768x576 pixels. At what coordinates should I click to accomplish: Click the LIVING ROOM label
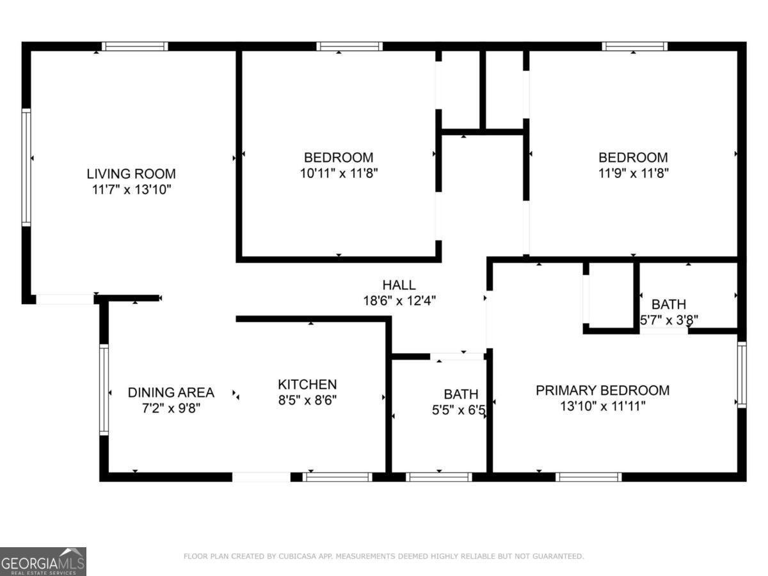pos(131,173)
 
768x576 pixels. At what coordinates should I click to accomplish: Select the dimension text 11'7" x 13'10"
pos(131,189)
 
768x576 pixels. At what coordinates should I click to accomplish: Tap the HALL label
pos(399,285)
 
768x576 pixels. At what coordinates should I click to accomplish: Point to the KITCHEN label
pos(307,385)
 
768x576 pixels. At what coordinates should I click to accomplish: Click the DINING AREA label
pos(171,392)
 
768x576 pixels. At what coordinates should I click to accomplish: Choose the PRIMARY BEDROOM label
pos(602,390)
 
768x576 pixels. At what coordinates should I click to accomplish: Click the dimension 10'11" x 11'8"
pos(338,173)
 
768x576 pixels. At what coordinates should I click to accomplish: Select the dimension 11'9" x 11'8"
pos(633,173)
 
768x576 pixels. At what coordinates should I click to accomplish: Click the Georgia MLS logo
pos(43,561)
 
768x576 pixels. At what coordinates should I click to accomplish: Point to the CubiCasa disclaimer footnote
pos(383,556)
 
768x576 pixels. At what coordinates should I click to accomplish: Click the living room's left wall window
pos(26,167)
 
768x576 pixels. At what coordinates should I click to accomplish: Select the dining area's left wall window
pos(104,390)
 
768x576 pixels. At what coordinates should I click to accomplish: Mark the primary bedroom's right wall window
pos(742,374)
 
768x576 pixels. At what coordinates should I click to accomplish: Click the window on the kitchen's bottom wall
pos(337,477)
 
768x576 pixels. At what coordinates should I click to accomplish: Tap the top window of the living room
pos(135,46)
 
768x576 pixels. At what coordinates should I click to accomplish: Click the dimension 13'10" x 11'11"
pos(602,406)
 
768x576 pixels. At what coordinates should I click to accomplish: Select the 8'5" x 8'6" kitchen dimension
pos(307,400)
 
